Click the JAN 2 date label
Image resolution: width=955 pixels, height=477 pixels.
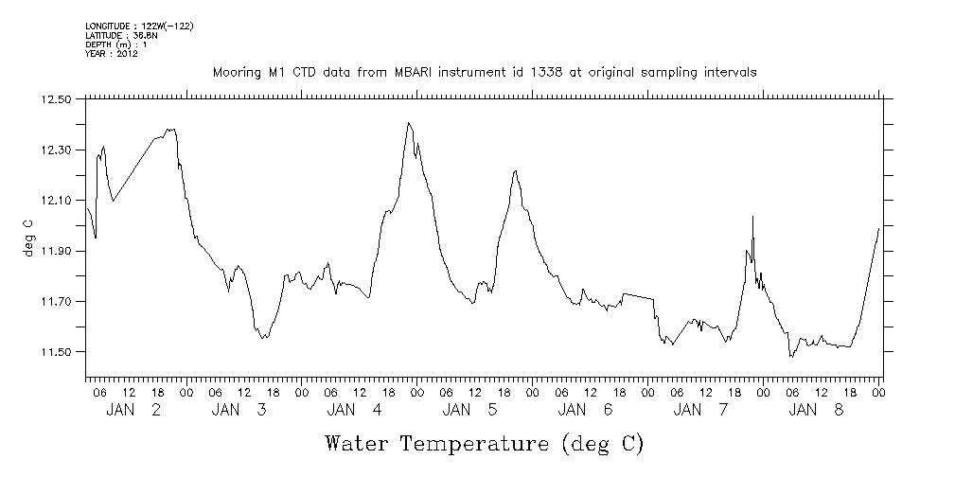click(133, 410)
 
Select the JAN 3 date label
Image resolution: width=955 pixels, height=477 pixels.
click(239, 410)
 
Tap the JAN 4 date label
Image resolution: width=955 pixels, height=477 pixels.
click(354, 410)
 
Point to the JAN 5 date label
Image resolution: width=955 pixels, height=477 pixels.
click(469, 410)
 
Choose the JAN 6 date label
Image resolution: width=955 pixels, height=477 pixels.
click(585, 410)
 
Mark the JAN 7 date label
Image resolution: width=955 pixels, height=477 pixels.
click(700, 410)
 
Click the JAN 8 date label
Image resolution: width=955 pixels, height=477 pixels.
click(815, 410)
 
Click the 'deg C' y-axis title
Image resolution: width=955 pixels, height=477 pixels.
click(28, 237)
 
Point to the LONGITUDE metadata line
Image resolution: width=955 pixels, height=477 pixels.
click(139, 26)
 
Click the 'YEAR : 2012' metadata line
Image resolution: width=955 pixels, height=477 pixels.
click(112, 54)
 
